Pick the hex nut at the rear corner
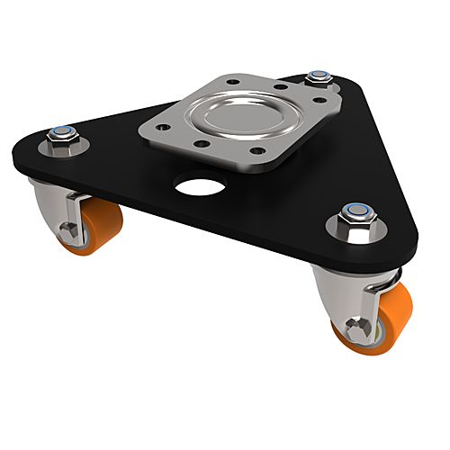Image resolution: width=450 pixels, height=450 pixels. coord(317,78)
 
